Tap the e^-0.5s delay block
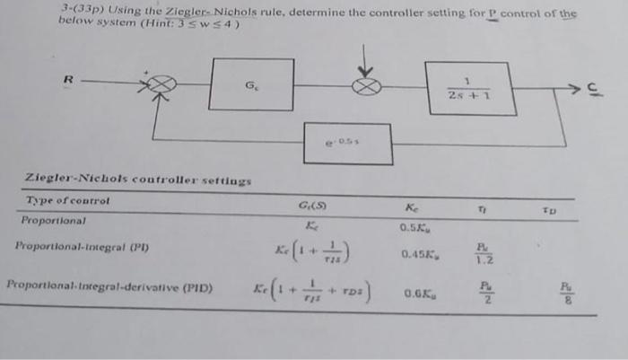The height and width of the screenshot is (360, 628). [347, 144]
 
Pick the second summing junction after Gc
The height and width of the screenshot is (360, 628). [367, 86]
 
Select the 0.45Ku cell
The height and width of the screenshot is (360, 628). [418, 255]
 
